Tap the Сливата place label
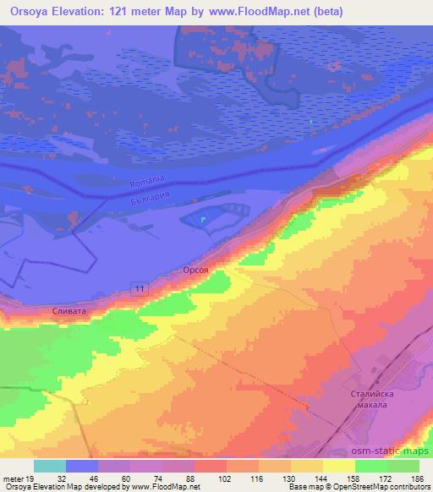69,310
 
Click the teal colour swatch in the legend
50,466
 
